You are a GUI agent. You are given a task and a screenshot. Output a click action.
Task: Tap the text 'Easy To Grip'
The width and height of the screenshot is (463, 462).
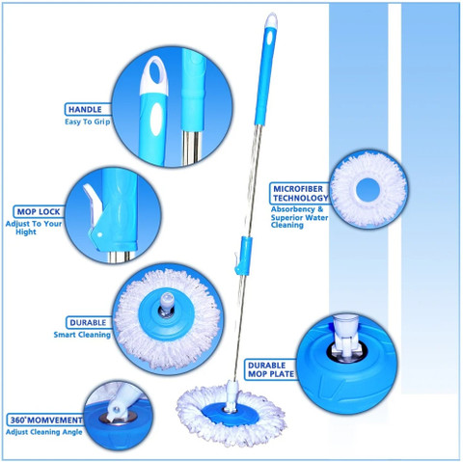(88, 122)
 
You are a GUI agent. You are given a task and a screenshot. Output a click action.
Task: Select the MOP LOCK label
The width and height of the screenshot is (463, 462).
(39, 212)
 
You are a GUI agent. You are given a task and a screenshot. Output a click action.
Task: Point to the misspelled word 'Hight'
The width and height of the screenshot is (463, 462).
(26, 232)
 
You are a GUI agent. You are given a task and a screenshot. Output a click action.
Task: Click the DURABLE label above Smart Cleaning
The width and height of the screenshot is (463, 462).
(88, 322)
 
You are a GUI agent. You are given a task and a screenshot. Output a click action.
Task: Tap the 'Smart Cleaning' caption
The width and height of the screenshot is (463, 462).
(82, 335)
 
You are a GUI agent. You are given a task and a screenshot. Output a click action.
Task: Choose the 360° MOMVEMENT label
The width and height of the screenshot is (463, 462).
(46, 421)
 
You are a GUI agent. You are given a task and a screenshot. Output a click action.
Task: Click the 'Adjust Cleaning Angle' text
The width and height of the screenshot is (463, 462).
(44, 432)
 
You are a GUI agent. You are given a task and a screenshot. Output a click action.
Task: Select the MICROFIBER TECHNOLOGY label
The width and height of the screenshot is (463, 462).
(300, 193)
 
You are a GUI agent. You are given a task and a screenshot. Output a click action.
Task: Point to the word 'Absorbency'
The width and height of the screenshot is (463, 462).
(292, 209)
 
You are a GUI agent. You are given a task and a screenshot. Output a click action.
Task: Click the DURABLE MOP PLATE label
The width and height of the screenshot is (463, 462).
(270, 369)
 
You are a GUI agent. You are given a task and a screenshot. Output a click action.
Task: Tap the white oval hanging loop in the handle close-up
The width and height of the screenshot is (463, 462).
(154, 76)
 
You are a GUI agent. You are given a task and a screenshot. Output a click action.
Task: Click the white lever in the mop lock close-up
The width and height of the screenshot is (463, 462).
(94, 204)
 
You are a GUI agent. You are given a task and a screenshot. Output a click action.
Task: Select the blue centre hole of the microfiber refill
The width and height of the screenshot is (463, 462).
(368, 188)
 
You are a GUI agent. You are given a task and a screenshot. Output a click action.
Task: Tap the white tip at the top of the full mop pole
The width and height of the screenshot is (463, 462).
(272, 20)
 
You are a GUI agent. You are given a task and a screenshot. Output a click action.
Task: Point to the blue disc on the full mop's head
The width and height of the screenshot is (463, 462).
(231, 414)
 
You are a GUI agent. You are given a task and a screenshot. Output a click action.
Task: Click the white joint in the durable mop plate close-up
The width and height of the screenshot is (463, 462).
(345, 336)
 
